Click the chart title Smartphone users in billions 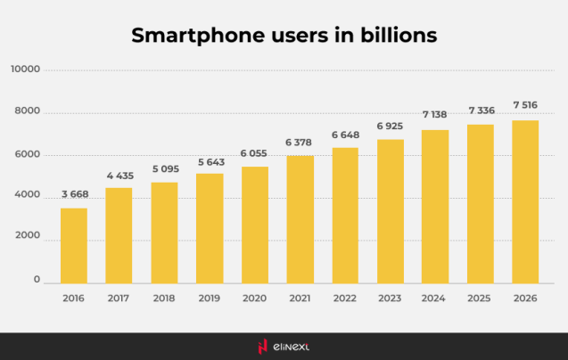(x=284, y=36)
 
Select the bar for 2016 (x=74, y=245)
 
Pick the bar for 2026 (x=525, y=201)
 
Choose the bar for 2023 (x=390, y=210)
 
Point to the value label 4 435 (x=119, y=176)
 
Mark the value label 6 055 (x=254, y=154)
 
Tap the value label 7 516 (x=525, y=106)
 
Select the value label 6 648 (x=344, y=135)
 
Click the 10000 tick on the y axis (x=26, y=70)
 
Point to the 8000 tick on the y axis (x=29, y=112)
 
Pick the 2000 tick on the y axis (x=29, y=239)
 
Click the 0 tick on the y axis (x=37, y=281)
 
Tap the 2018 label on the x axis (x=164, y=298)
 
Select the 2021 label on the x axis (x=300, y=298)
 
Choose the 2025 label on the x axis (x=480, y=298)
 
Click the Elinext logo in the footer (x=284, y=346)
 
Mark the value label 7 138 (x=434, y=116)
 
